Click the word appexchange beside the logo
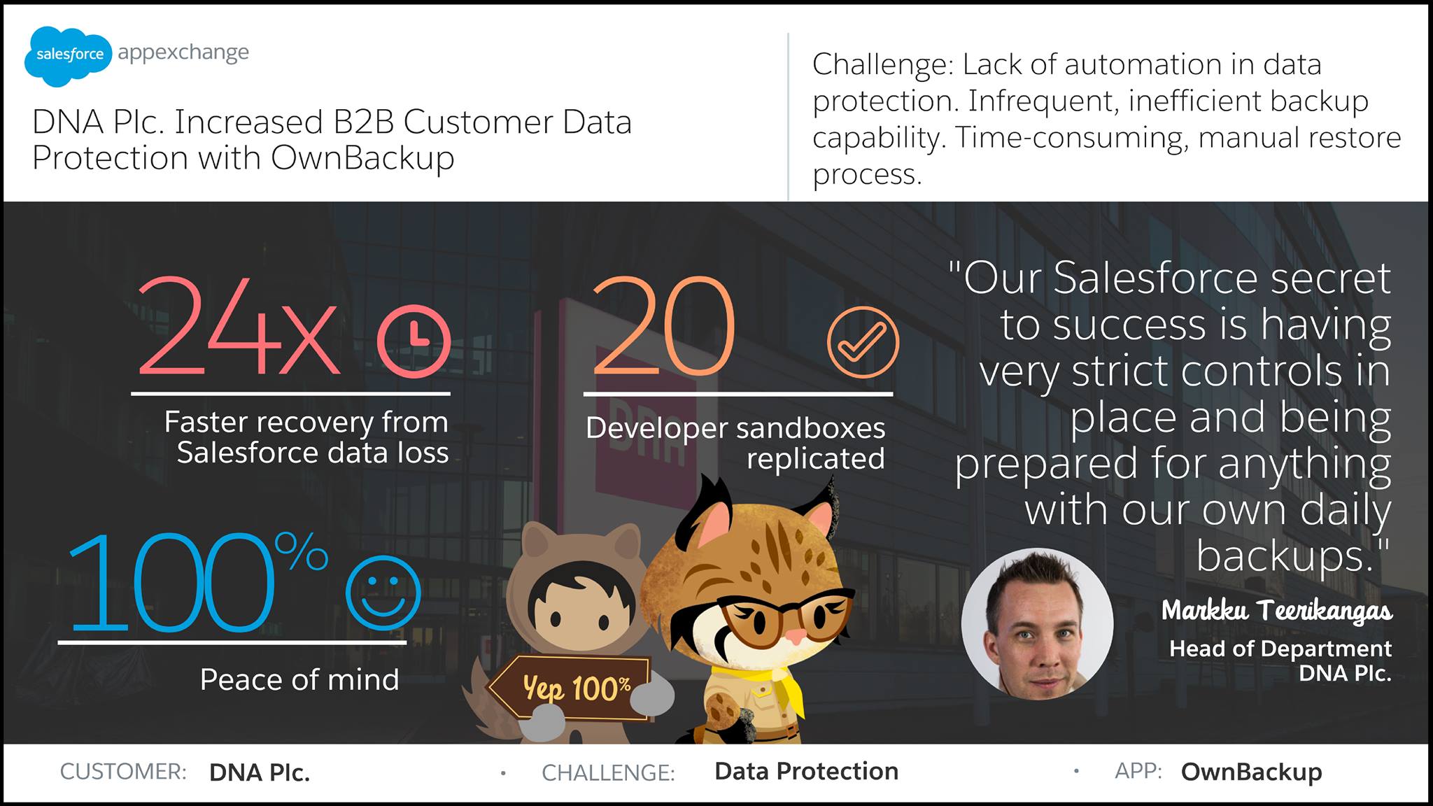(183, 53)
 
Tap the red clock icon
(414, 341)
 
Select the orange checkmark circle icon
(862, 342)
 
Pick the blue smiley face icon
(383, 593)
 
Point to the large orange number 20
(663, 326)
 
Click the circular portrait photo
(1037, 623)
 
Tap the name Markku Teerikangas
(1277, 611)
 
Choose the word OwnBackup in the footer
(1252, 772)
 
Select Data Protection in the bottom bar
(806, 771)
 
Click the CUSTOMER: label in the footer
(123, 772)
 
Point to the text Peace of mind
(299, 679)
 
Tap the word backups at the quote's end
(1285, 556)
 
